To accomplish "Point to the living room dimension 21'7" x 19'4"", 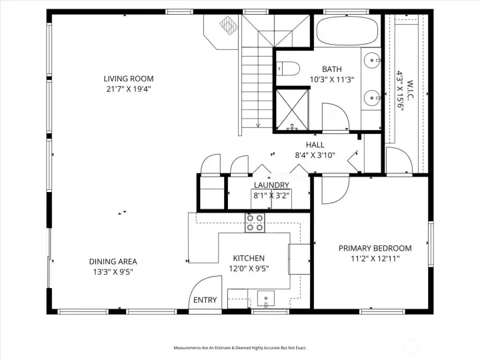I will [128, 89].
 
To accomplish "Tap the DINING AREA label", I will [113, 261].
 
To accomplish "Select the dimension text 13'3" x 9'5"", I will [113, 271].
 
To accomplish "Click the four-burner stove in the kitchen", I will [254, 222].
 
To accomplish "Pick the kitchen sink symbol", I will [265, 299].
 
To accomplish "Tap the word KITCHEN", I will [249, 258].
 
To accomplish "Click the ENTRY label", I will [205, 300].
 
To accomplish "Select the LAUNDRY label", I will [271, 185].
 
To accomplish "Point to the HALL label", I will [315, 145].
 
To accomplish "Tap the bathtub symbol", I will [346, 31].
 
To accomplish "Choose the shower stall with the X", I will [292, 108].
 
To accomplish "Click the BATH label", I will [332, 69].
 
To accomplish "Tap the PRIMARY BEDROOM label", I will [374, 248].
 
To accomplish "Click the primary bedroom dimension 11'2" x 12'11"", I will [374, 258].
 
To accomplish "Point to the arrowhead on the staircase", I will [257, 125].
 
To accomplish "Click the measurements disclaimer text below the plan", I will [240, 348].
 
